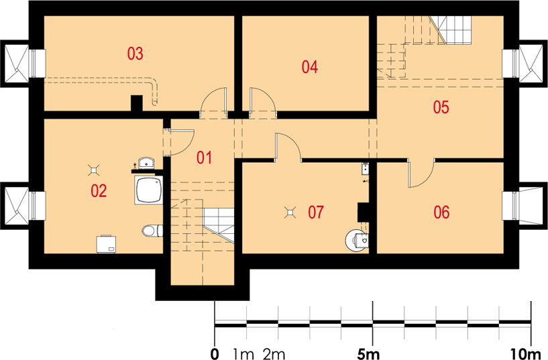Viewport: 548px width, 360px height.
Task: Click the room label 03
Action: click(x=135, y=54)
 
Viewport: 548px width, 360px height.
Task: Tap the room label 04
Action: click(x=310, y=66)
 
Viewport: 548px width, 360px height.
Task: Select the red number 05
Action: click(x=441, y=107)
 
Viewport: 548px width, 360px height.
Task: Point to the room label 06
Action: click(x=441, y=212)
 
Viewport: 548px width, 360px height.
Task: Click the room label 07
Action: click(x=316, y=212)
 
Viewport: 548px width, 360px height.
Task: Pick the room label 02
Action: click(x=99, y=191)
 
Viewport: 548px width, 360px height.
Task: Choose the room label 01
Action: click(x=204, y=158)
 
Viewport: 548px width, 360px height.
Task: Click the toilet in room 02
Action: click(x=152, y=231)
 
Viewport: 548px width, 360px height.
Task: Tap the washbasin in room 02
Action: click(x=147, y=163)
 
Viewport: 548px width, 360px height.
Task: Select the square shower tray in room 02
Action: click(x=149, y=190)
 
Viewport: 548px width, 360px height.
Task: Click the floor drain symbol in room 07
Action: click(x=290, y=213)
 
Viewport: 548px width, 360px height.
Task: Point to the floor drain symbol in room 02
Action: click(x=94, y=170)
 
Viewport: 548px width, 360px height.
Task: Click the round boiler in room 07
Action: click(x=356, y=241)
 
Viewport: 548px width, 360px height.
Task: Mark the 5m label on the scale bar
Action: click(x=368, y=354)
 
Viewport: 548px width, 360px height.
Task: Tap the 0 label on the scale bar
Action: click(x=215, y=354)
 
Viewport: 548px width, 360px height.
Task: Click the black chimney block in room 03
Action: click(x=137, y=103)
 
